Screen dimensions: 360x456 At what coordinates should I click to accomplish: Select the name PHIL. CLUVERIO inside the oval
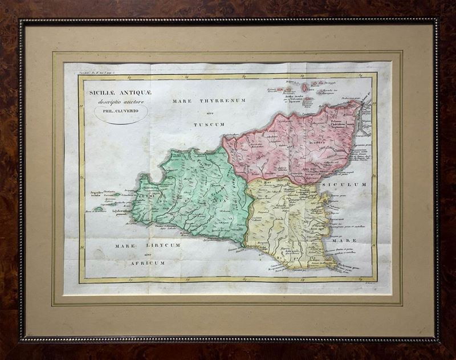pyautogui.click(x=120, y=111)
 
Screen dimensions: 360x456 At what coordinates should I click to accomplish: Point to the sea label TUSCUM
pyautogui.click(x=206, y=124)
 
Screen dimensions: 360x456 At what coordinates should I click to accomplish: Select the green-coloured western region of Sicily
pyautogui.click(x=194, y=194)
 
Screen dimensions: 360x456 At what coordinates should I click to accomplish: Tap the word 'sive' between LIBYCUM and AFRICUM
pyautogui.click(x=149, y=254)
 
